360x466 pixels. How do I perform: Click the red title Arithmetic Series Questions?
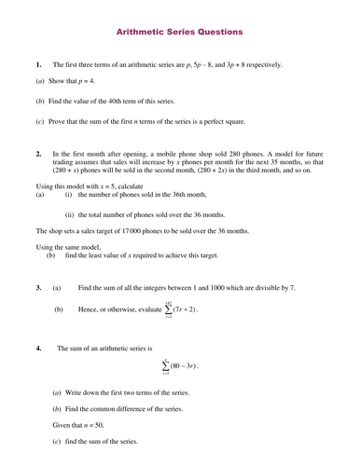tap(180, 32)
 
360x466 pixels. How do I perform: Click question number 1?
tap(38, 64)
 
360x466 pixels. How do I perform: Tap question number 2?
tap(38, 152)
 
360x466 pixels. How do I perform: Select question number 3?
tap(38, 288)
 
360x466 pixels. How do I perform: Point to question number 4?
tap(38, 348)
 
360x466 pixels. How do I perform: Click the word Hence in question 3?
tap(88, 309)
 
